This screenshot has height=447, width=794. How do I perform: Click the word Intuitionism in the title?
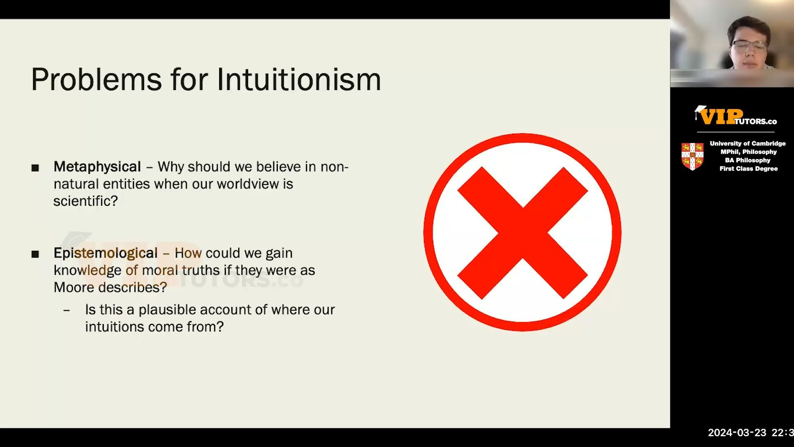coord(299,79)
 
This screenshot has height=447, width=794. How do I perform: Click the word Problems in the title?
coord(96,79)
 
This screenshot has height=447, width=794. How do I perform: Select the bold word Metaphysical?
coord(97,167)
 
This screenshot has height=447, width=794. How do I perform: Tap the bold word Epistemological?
coord(105,253)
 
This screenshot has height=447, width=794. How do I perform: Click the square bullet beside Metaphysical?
coord(35,168)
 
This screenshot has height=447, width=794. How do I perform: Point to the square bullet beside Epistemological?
coord(35,254)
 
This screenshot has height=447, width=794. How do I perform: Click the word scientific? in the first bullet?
coord(86,201)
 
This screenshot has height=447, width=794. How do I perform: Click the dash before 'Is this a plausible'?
coord(67,310)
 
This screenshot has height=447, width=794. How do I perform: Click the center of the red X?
coord(522,233)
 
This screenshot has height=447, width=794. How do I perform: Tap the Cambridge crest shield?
coord(692,156)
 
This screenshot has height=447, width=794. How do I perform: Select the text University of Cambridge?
coord(748,144)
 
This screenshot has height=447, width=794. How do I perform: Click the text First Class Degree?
coord(749,169)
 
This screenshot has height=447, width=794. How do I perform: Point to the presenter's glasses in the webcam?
coord(749,45)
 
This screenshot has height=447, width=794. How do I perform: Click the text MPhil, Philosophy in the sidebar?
coord(749,152)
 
